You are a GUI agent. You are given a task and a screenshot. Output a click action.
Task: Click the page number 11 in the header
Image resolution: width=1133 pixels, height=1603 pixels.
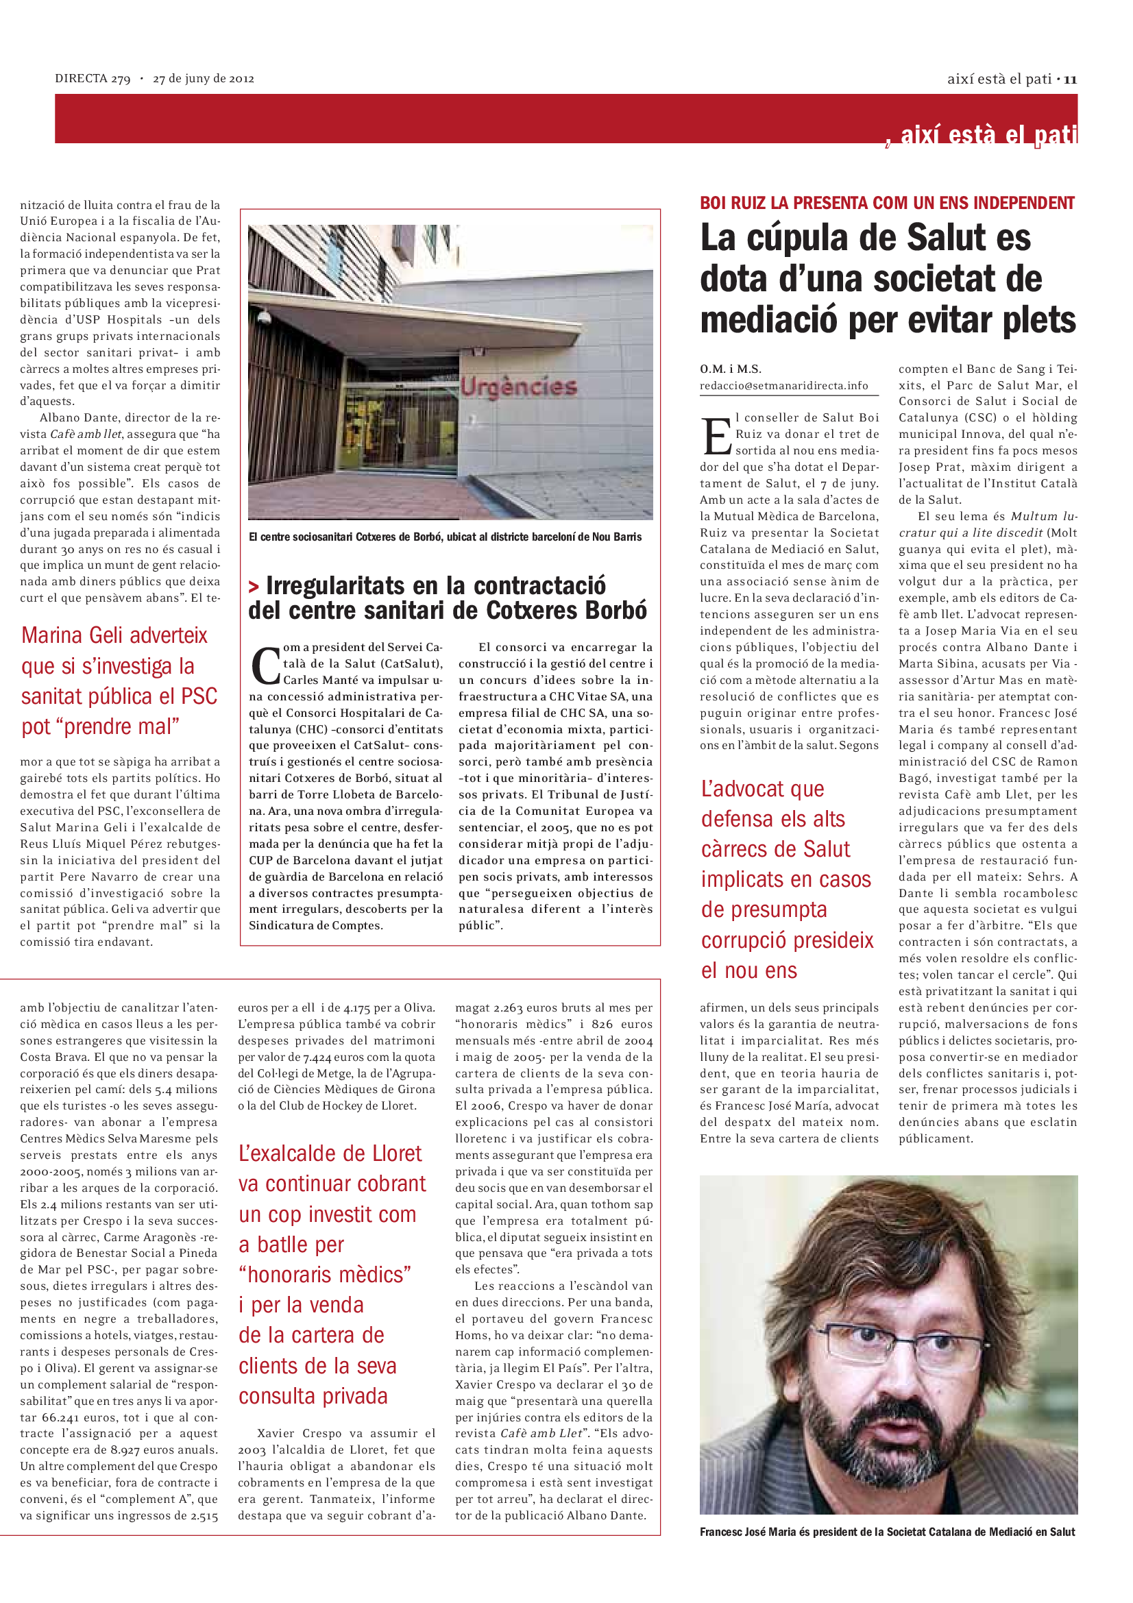pyautogui.click(x=1070, y=79)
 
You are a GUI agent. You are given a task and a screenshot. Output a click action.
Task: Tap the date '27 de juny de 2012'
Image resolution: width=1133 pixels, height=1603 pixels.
pyautogui.click(x=203, y=79)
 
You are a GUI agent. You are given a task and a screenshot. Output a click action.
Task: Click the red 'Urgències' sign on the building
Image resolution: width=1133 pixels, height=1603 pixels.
pyautogui.click(x=519, y=387)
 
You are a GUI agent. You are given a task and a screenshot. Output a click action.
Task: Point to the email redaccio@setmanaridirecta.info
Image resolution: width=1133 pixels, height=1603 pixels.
pyautogui.click(x=784, y=385)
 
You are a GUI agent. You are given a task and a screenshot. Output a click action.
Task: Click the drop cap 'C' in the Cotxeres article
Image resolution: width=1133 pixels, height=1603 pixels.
pyautogui.click(x=265, y=665)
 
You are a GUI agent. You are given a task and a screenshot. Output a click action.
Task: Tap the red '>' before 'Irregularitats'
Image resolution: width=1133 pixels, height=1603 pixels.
pyautogui.click(x=254, y=587)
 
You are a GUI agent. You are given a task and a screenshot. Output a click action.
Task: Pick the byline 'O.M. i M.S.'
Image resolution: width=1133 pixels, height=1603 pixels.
pyautogui.click(x=730, y=369)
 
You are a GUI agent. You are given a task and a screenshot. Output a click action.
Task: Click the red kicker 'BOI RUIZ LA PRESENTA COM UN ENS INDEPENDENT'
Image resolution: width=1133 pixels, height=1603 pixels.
pyautogui.click(x=886, y=203)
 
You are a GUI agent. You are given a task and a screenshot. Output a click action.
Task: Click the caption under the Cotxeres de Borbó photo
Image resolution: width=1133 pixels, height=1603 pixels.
pyautogui.click(x=445, y=537)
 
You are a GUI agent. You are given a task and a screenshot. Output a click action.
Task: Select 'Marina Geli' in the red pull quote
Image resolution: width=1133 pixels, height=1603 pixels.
pyautogui.click(x=75, y=635)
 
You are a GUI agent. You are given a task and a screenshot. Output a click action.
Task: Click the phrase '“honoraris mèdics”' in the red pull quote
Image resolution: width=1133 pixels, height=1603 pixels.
pyautogui.click(x=325, y=1275)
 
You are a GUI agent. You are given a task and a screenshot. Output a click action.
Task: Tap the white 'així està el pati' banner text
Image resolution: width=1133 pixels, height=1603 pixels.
pyautogui.click(x=988, y=135)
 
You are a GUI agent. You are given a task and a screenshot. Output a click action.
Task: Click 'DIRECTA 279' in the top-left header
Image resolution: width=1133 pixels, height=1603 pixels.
pyautogui.click(x=93, y=79)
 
